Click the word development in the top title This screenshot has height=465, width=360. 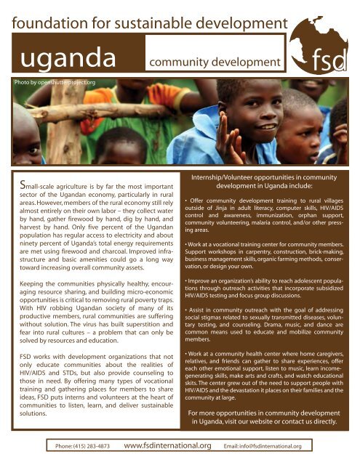click(243, 26)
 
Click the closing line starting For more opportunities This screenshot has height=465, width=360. click(259, 414)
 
